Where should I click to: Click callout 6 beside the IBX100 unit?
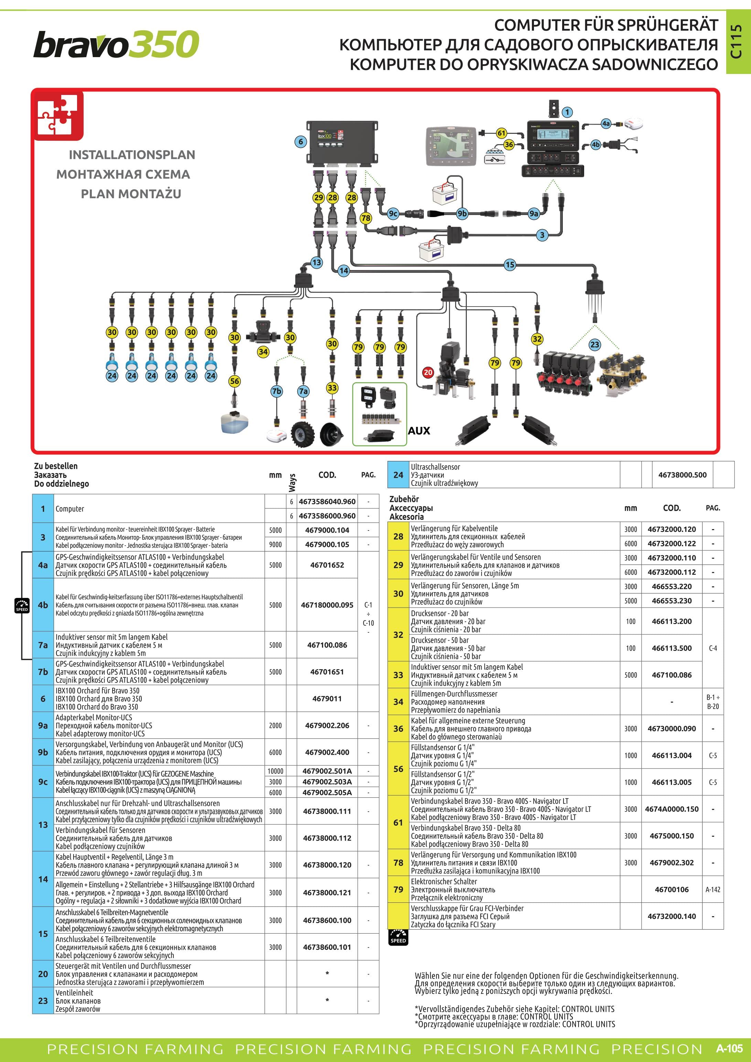point(301,141)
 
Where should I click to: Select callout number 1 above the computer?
point(567,112)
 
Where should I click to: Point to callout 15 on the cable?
point(509,265)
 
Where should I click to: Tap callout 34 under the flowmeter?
point(263,352)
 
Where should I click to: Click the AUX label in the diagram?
point(419,431)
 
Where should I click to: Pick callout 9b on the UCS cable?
point(462,213)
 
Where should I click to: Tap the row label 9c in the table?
point(43,782)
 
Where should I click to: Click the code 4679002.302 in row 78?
point(672,863)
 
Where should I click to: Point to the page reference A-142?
point(712,889)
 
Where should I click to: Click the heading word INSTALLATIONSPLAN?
point(132,154)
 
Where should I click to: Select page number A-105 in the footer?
point(730,1048)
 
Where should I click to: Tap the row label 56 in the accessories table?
point(398,769)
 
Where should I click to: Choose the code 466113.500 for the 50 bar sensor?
point(672,648)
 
